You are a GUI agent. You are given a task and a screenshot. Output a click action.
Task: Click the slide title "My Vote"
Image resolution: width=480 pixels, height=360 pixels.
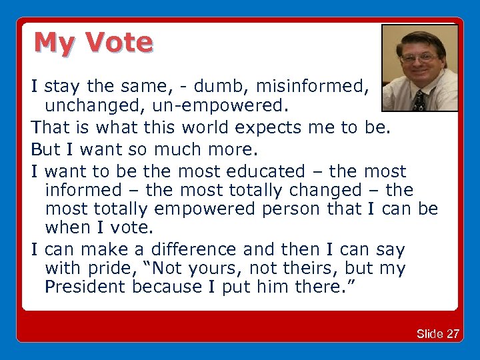click(93, 43)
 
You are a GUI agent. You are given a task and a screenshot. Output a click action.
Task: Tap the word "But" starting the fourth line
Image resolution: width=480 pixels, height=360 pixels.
click(46, 148)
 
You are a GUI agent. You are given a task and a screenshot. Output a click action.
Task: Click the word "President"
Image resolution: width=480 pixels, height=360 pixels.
click(86, 287)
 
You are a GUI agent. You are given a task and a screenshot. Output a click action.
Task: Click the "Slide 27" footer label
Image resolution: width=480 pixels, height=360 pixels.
click(437, 334)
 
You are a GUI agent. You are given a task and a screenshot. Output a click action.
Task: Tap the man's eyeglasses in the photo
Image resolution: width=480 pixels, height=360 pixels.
click(418, 58)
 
